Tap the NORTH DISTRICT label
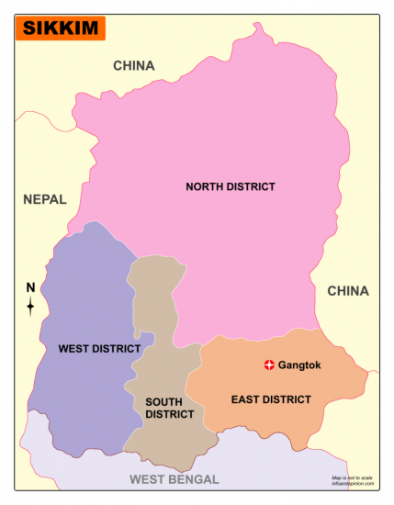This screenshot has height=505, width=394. [231, 186]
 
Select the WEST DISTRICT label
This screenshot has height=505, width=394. [99, 349]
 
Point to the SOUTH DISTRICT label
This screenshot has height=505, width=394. [169, 408]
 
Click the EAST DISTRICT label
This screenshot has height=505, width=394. [271, 399]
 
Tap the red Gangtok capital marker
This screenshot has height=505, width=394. [269, 365]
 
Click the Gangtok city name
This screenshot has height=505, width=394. [299, 365]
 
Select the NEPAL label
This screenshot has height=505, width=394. [45, 199]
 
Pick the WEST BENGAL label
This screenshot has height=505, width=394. [174, 479]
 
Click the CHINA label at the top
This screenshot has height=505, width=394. [134, 65]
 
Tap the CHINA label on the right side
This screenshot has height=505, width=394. [348, 291]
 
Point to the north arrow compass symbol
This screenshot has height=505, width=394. [30, 306]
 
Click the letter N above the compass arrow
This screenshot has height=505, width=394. [30, 287]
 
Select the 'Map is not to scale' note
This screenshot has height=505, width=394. [353, 477]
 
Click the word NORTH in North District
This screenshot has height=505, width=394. [206, 186]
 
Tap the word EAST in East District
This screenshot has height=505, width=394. [245, 399]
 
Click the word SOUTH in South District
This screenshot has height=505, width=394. [164, 401]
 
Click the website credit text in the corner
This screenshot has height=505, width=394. [353, 484]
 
